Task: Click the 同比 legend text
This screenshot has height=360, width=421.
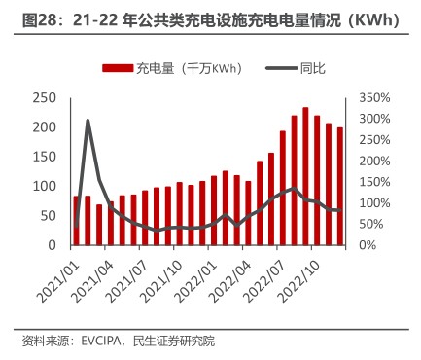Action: [313, 68]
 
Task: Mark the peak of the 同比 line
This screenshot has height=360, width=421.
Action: [88, 121]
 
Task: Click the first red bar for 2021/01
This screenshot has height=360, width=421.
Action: [76, 220]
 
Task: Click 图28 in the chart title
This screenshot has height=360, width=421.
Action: [39, 19]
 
